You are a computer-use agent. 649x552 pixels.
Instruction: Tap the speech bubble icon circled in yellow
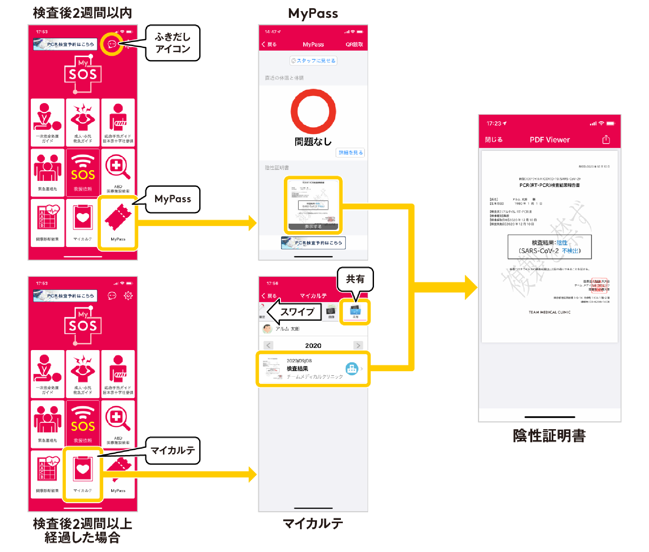click(x=112, y=44)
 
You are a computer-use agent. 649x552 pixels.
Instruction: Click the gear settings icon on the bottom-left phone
click(x=128, y=295)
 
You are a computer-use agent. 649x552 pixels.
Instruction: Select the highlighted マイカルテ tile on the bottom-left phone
click(x=83, y=474)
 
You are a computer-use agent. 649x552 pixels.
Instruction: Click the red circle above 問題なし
click(x=313, y=112)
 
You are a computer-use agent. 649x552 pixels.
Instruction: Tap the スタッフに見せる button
click(x=313, y=61)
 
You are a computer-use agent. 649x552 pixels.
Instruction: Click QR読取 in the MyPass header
click(x=354, y=44)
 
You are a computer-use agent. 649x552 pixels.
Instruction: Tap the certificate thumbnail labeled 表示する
click(x=313, y=205)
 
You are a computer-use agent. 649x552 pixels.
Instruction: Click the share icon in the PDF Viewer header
click(x=606, y=140)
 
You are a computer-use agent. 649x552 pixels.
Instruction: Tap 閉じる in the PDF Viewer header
click(x=494, y=140)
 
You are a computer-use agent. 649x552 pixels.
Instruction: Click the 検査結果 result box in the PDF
click(x=549, y=247)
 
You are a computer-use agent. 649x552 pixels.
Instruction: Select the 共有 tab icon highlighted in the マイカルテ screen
click(x=355, y=311)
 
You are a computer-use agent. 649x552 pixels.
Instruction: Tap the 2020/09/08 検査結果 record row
click(x=313, y=369)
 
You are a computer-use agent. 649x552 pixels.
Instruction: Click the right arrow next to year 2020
click(x=358, y=346)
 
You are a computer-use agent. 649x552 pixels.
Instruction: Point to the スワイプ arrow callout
click(x=295, y=312)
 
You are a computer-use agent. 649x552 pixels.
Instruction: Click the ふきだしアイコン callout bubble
click(x=173, y=43)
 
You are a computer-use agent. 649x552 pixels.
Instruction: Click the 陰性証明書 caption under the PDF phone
click(x=549, y=436)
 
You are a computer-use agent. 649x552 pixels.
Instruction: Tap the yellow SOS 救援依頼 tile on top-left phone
click(x=83, y=173)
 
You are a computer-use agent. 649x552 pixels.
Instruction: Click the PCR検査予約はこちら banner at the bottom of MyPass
click(x=313, y=243)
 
